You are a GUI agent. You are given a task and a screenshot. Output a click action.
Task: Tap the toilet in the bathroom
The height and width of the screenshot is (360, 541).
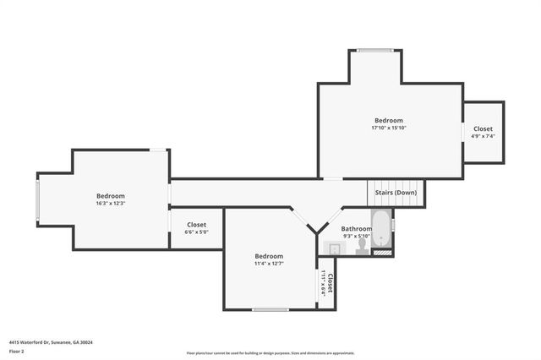pos(362,246)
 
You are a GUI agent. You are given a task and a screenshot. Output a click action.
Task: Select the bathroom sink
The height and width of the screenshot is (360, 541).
pos(335,248)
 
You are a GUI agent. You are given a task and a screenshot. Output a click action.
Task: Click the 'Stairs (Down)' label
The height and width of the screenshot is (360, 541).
pos(396,192)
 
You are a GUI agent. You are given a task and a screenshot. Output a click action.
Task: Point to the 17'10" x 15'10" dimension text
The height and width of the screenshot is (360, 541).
pos(389,128)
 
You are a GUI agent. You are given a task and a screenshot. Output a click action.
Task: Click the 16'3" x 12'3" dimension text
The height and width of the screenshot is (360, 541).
pos(111,204)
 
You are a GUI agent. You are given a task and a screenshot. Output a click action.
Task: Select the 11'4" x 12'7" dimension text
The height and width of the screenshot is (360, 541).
pos(269,264)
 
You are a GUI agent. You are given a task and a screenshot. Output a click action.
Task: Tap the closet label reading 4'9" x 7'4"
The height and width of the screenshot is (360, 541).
pos(483,136)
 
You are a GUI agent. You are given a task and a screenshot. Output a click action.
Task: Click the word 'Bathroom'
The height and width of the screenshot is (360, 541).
pos(356,229)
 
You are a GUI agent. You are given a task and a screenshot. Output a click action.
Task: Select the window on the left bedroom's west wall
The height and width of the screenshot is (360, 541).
pos(37,199)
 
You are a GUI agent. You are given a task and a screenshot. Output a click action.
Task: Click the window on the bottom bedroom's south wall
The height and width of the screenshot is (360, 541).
pos(270,309)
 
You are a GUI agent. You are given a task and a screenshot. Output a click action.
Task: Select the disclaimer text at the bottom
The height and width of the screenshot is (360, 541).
pos(270,353)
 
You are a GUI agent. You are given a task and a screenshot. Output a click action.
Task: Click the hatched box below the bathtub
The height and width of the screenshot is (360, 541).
pos(382,251)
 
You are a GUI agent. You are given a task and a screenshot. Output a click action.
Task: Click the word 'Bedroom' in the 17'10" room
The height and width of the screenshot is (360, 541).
pos(389,121)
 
